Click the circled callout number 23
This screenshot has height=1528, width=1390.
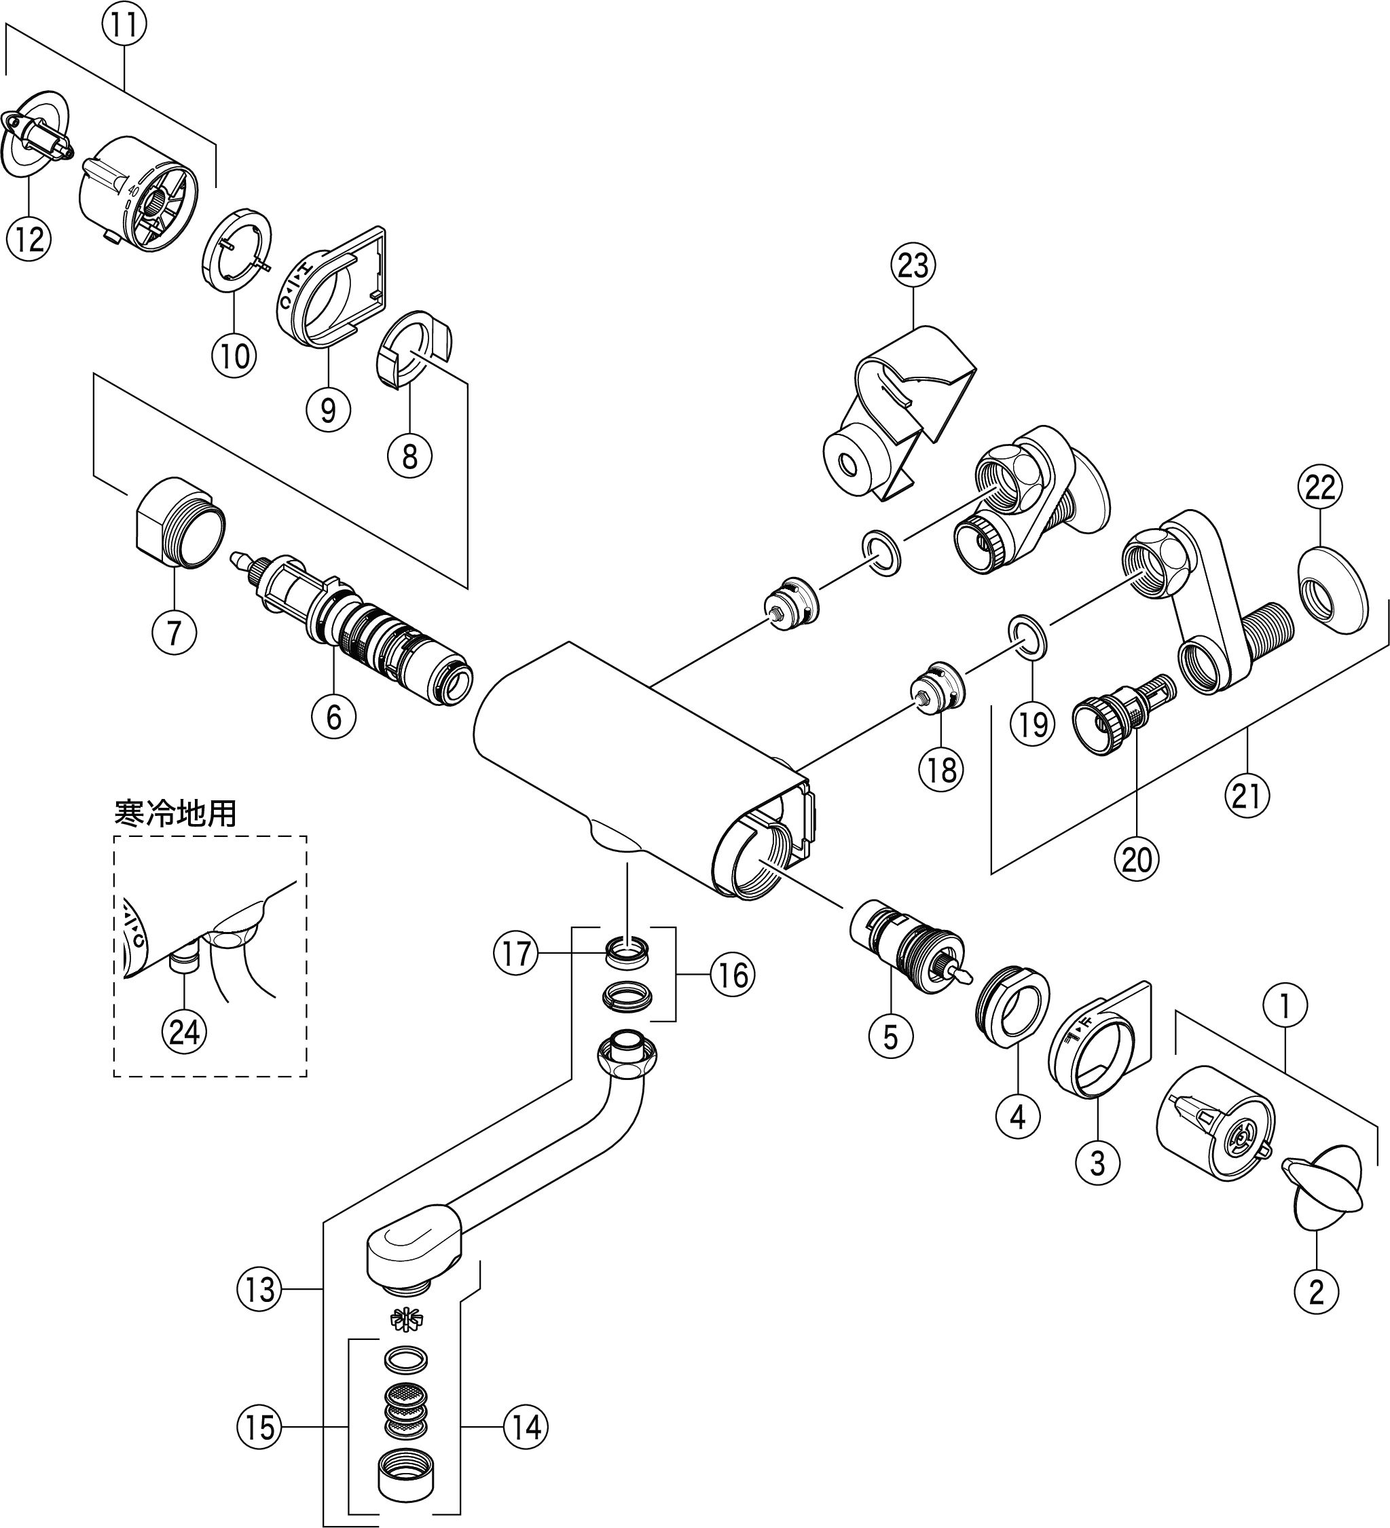pos(913,266)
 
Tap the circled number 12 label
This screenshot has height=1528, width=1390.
pos(29,240)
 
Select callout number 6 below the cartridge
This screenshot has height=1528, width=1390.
pos(334,715)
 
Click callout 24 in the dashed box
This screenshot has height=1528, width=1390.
pos(184,1032)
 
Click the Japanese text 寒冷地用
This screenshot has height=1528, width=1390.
pos(175,814)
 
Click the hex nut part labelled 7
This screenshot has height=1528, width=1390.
pos(180,523)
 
